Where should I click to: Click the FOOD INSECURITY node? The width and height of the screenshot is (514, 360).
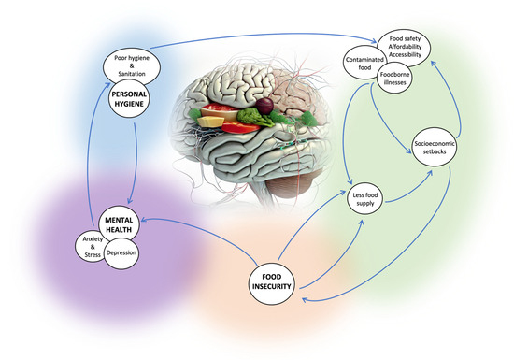coord(278,280)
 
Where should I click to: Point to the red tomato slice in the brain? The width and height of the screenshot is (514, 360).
coord(213,120)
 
